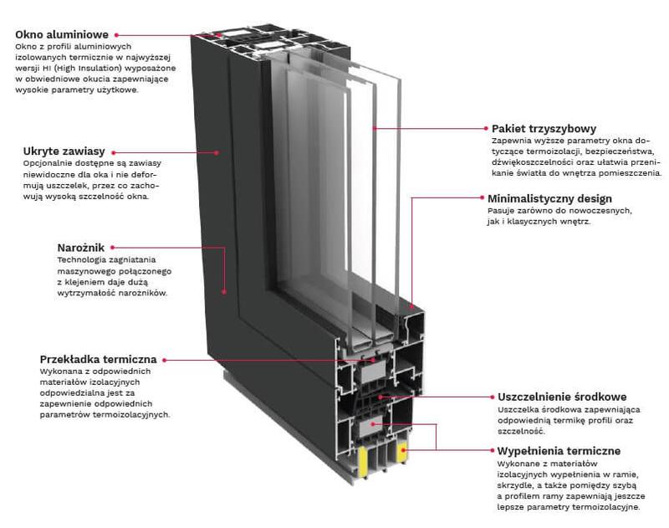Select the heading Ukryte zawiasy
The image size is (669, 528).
[x=64, y=151]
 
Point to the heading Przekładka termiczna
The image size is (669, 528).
[x=98, y=359]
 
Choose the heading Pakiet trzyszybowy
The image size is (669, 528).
[x=544, y=129]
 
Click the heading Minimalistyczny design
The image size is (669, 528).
[x=549, y=199]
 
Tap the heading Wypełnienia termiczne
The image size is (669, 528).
[x=559, y=451]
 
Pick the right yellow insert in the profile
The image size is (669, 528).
[x=403, y=453]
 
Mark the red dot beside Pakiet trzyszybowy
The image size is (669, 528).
[x=484, y=129]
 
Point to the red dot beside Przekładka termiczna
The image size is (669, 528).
[x=165, y=360]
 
